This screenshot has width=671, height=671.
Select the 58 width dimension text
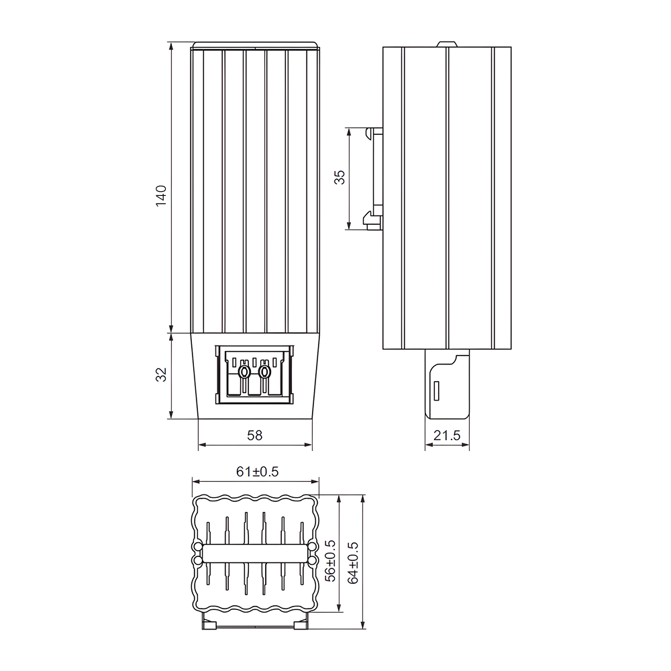[x=254, y=435]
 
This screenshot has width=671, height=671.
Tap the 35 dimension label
[x=340, y=177]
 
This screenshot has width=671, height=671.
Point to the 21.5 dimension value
[x=447, y=435]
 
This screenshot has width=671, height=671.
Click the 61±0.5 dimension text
[x=257, y=472]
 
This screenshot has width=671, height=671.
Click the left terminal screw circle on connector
[x=244, y=371]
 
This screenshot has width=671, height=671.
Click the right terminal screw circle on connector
[x=265, y=371]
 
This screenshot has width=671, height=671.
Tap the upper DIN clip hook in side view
[x=373, y=133]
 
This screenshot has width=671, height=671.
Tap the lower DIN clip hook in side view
[x=371, y=219]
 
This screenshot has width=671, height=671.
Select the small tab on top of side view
[x=446, y=44]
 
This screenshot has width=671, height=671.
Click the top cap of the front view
[x=255, y=46]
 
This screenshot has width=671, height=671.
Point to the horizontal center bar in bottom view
[x=255, y=553]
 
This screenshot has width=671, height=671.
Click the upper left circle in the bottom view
[x=197, y=547]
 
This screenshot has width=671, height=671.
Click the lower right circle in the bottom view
[x=313, y=559]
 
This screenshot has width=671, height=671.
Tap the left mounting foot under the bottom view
[x=209, y=623]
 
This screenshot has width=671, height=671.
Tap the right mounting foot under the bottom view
[x=301, y=623]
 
